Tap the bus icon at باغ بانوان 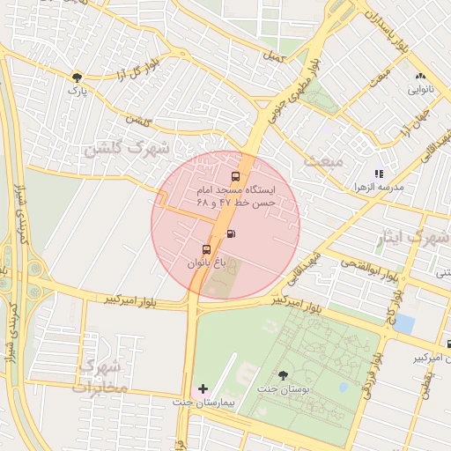pos(206,249)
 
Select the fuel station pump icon pos(232,233)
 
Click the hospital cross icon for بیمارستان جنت pos(203,388)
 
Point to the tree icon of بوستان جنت pos(283,375)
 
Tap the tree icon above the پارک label pos(78,77)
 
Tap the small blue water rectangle pos(404,322)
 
